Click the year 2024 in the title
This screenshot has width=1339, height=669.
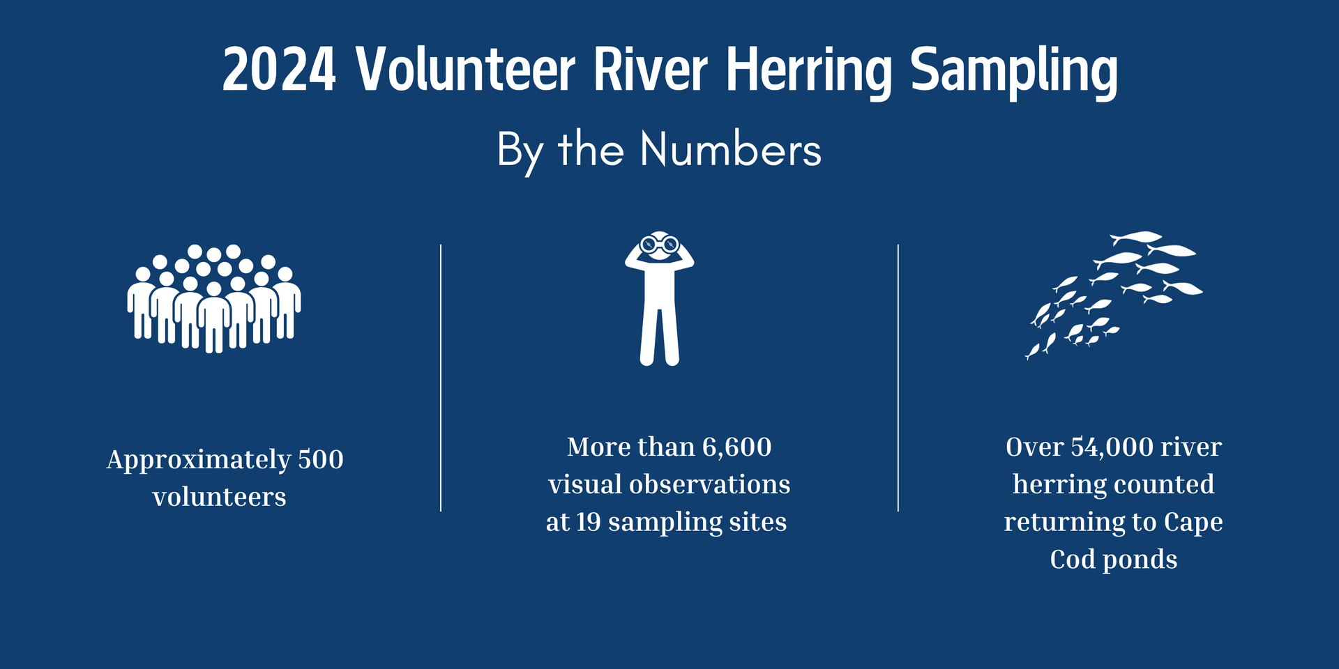pos(279,70)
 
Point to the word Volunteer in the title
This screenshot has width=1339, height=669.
pos(465,70)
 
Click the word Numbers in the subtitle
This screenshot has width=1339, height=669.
pos(731,149)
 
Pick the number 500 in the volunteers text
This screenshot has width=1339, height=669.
pos(320,459)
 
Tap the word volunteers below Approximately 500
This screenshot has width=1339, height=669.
pos(219,497)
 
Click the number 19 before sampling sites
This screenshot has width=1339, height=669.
pos(588,522)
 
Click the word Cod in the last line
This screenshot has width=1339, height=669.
pos(1072,560)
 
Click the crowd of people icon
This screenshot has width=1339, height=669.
pos(214,300)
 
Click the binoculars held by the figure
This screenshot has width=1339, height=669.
pos(660,245)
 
